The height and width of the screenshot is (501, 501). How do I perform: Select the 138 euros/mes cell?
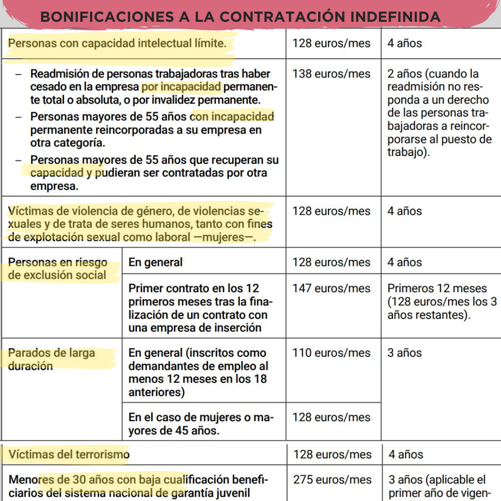pos(331,74)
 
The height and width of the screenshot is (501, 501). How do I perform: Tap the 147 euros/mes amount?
pos(331,288)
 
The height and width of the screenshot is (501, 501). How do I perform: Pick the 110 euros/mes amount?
pos(331,353)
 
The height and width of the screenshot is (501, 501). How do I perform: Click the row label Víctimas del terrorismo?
pos(69,454)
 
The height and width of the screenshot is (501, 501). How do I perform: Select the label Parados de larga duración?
pos(51,360)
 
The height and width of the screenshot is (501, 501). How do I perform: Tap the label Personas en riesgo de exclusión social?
pos(58,269)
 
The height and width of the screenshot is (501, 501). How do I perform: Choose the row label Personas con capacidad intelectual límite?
pos(118,44)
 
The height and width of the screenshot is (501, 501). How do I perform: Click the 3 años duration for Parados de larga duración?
pos(405,353)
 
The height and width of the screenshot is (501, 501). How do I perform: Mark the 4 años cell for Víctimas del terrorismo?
pos(406,454)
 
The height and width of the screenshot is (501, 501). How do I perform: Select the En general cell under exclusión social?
pos(155,262)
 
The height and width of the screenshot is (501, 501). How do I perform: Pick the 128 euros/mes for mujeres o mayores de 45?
pos(331,417)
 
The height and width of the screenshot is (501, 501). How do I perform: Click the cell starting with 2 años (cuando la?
pos(432,74)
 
